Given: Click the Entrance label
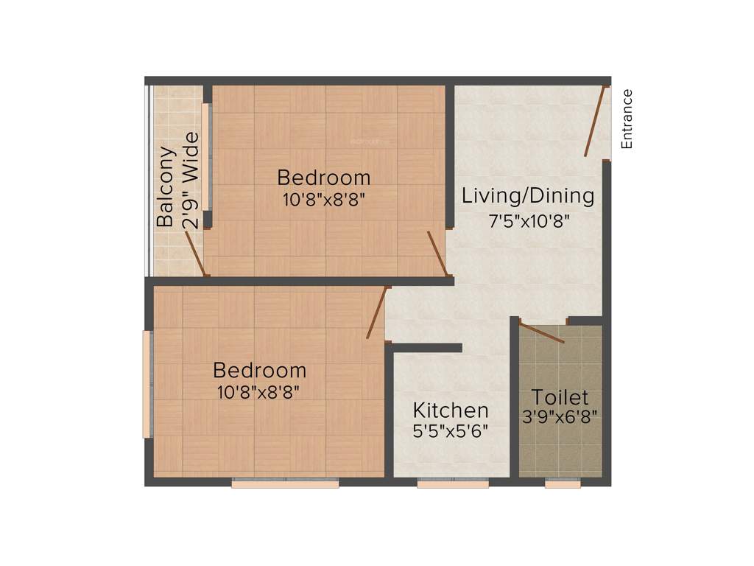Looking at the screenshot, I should (627, 119).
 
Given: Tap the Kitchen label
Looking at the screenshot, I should (451, 410).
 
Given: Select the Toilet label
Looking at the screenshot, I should (560, 397).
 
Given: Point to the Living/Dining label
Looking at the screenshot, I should (527, 197).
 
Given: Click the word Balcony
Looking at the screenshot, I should (167, 187).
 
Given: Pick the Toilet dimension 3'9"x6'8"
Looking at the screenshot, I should (560, 416).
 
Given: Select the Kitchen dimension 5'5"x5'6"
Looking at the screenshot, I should (451, 430).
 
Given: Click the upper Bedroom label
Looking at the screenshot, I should (324, 178).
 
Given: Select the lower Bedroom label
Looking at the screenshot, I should (259, 370).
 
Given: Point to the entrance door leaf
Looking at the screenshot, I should (596, 122).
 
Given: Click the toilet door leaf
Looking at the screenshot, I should (542, 332).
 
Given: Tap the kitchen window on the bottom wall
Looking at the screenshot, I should (453, 483).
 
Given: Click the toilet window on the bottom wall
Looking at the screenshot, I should (563, 483).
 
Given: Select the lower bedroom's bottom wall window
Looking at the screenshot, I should (285, 483).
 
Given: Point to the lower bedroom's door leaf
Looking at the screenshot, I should (376, 312).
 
